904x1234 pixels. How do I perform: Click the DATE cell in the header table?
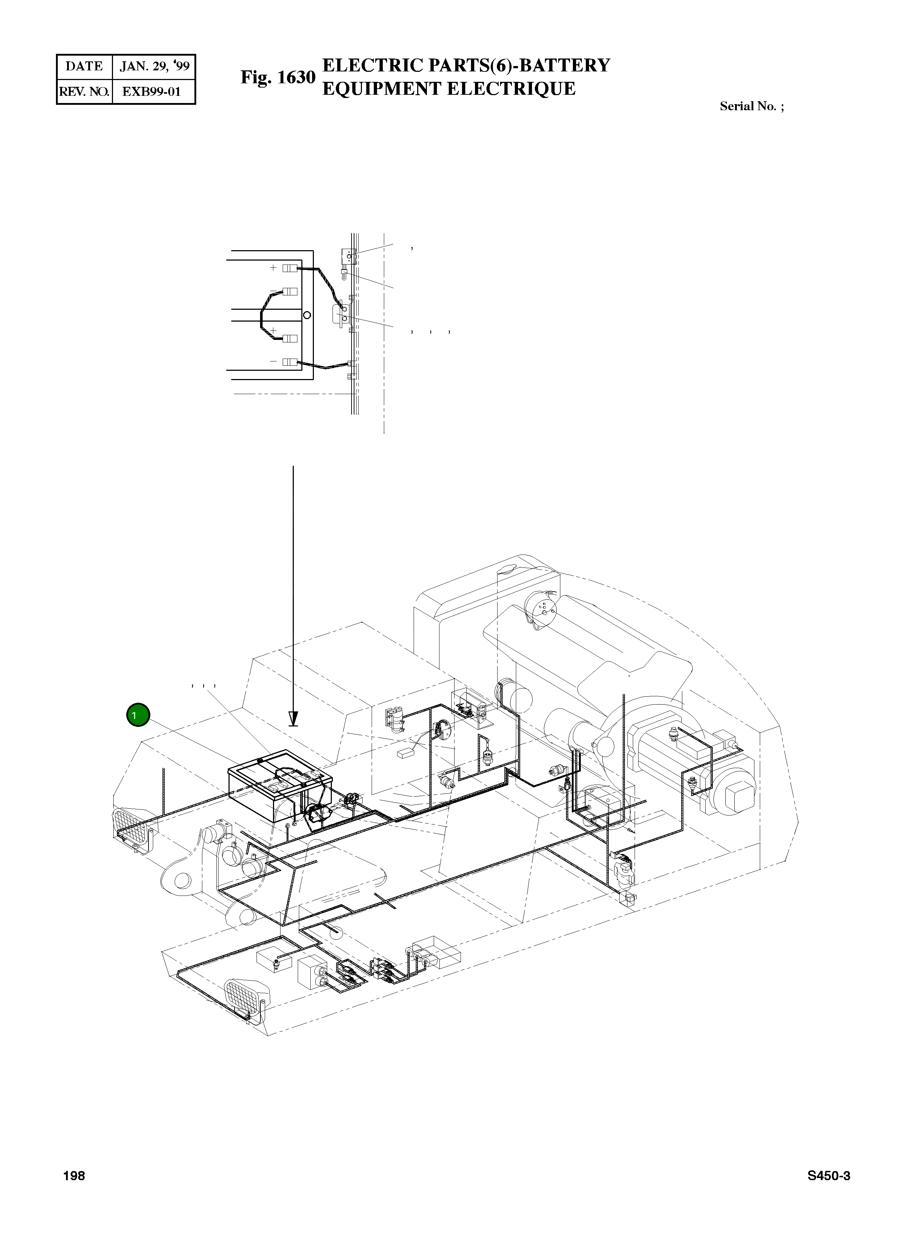(x=84, y=67)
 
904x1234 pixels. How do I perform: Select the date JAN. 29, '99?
(x=154, y=67)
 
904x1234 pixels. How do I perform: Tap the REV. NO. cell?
(x=84, y=92)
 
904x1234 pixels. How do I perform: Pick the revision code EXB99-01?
(x=152, y=92)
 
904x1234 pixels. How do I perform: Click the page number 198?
(x=74, y=1176)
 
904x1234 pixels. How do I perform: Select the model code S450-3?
(x=828, y=1176)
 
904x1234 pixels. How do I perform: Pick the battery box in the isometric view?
(x=279, y=786)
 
